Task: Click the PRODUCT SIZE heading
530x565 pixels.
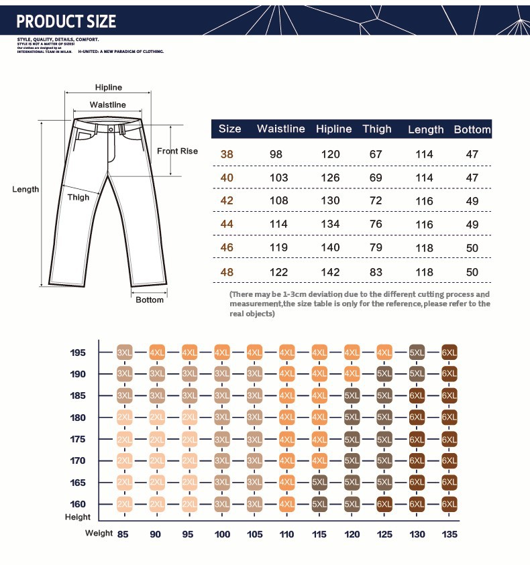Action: [x=66, y=21]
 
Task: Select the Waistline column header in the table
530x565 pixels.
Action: [x=280, y=129]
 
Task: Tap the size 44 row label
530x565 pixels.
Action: [x=227, y=225]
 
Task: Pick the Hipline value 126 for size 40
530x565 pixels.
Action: [x=330, y=178]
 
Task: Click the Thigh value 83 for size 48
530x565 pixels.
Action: [x=376, y=272]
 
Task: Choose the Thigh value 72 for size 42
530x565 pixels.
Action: [x=376, y=201]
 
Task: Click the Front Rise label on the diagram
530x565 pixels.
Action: [x=177, y=151]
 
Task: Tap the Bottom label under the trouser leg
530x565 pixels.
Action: [x=150, y=300]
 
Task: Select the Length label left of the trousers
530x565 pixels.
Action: [x=25, y=190]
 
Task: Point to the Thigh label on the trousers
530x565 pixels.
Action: [x=78, y=198]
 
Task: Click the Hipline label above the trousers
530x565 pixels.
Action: [x=109, y=88]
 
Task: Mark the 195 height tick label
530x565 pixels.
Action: [x=78, y=353]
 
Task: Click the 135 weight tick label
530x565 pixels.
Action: [x=449, y=533]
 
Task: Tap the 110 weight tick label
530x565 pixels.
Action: [x=286, y=533]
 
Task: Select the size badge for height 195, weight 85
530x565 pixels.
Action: [x=124, y=353]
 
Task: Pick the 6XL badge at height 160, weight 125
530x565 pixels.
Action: [x=384, y=504]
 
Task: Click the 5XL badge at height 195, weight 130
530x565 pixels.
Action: [x=417, y=353]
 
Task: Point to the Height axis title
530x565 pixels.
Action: [x=78, y=517]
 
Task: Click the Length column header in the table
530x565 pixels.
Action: [x=425, y=129]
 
